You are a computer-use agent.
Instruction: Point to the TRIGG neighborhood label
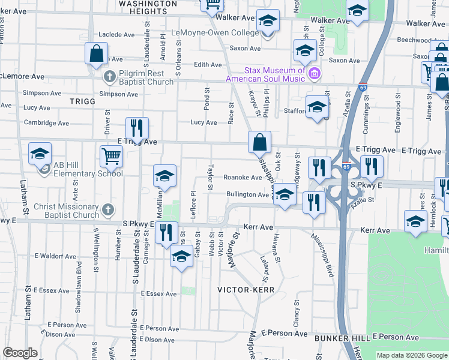(82, 101)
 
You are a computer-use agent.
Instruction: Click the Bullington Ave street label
(247, 194)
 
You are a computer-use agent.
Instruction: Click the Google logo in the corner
(20, 353)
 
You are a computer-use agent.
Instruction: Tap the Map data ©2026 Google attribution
(412, 355)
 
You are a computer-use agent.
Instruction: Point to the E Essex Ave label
(159, 294)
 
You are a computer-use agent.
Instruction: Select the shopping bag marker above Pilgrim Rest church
(96, 53)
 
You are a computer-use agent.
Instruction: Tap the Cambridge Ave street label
(46, 123)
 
